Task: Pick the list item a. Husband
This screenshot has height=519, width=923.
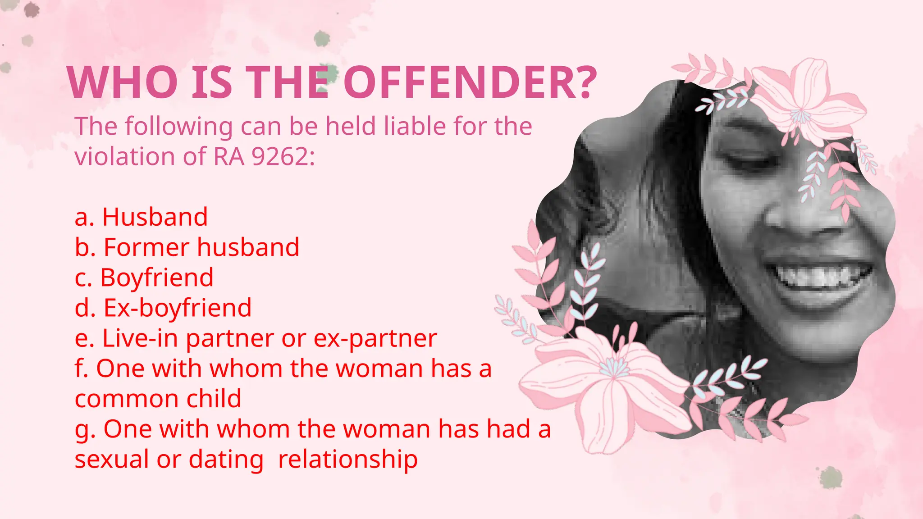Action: tap(141, 217)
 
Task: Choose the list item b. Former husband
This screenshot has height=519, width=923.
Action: tap(187, 247)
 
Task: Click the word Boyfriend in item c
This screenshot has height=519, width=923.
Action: tap(156, 278)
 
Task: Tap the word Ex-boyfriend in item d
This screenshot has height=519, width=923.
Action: tap(178, 308)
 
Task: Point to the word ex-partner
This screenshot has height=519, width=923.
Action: tap(375, 339)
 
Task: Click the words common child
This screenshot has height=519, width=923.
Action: tap(158, 399)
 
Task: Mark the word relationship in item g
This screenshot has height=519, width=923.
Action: tap(347, 460)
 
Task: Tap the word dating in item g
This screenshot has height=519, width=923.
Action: tap(226, 460)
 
